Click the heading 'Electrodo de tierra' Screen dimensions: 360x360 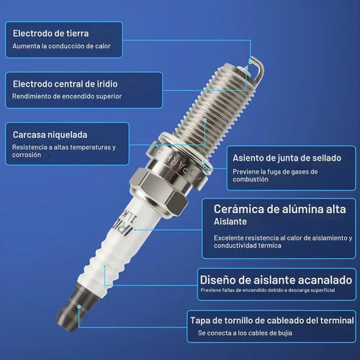(50, 34)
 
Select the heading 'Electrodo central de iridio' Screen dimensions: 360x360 (66, 84)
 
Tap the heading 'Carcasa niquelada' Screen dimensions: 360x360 (50, 135)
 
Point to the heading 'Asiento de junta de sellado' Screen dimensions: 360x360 (287, 158)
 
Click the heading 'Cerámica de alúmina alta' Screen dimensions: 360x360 (280, 209)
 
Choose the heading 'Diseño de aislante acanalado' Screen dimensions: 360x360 (276, 280)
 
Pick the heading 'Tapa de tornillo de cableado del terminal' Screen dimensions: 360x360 (272, 320)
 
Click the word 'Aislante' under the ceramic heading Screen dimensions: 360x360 (230, 222)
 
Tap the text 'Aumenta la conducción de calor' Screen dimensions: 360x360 (62, 46)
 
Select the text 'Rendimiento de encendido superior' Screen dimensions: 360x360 (67, 96)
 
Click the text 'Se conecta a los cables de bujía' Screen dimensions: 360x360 (245, 333)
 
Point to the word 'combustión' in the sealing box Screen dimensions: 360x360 (251, 179)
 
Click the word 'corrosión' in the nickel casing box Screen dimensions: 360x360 (27, 155)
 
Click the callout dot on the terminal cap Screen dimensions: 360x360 (78, 307)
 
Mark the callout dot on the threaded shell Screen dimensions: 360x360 (205, 120)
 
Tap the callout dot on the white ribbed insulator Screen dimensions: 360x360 (104, 266)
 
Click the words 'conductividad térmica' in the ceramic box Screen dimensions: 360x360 (248, 246)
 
